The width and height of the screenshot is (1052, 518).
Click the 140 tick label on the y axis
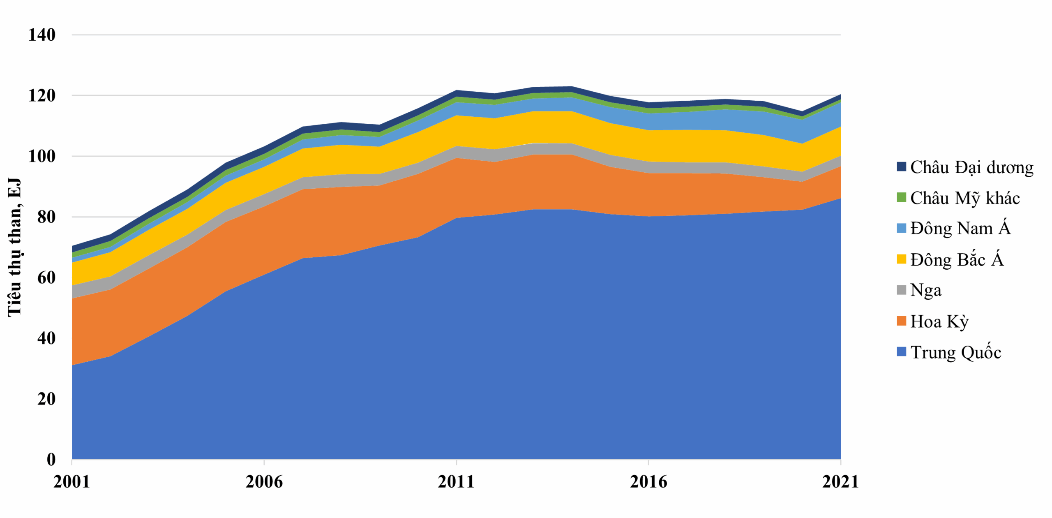[x=42, y=35]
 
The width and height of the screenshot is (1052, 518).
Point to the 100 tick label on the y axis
[x=42, y=156]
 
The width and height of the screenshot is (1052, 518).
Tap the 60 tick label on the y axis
[x=46, y=277]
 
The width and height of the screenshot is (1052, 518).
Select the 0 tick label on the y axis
[x=51, y=459]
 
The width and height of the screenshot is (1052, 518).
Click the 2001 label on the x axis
[x=72, y=481]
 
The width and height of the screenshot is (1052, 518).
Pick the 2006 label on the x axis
[x=264, y=481]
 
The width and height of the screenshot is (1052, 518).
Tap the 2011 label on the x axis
[x=456, y=481]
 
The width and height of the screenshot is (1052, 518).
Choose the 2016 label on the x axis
[x=648, y=481]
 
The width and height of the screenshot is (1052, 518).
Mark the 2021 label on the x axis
[x=840, y=481]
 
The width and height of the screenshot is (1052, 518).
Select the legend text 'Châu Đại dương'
[x=971, y=167]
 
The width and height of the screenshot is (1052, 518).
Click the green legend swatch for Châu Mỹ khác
[x=901, y=198]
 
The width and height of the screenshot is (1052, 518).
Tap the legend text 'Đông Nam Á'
[x=960, y=229]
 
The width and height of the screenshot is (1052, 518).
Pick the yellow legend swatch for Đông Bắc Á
[x=901, y=259]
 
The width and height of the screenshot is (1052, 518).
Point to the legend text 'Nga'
[x=925, y=290]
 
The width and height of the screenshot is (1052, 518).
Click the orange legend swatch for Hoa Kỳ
[x=901, y=321]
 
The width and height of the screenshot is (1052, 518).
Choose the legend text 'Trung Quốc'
[x=955, y=352]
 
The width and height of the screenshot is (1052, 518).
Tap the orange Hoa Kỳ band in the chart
[x=329, y=222]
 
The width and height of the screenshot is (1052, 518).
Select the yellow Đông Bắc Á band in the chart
[x=534, y=127]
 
